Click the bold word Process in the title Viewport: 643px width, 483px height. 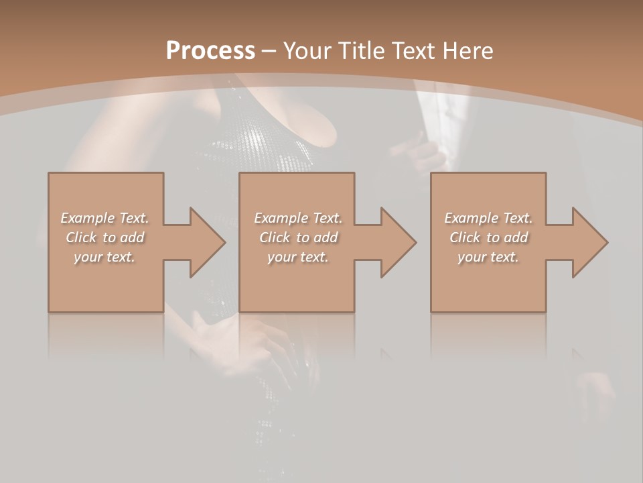(x=210, y=51)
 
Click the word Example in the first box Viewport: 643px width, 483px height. (x=88, y=218)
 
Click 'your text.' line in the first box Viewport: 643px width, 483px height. (x=104, y=257)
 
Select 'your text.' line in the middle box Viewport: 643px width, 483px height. (x=298, y=257)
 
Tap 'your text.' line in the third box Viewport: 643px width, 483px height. (x=488, y=257)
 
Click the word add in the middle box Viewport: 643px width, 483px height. (x=325, y=237)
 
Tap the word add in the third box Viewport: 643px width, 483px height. (x=515, y=237)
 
